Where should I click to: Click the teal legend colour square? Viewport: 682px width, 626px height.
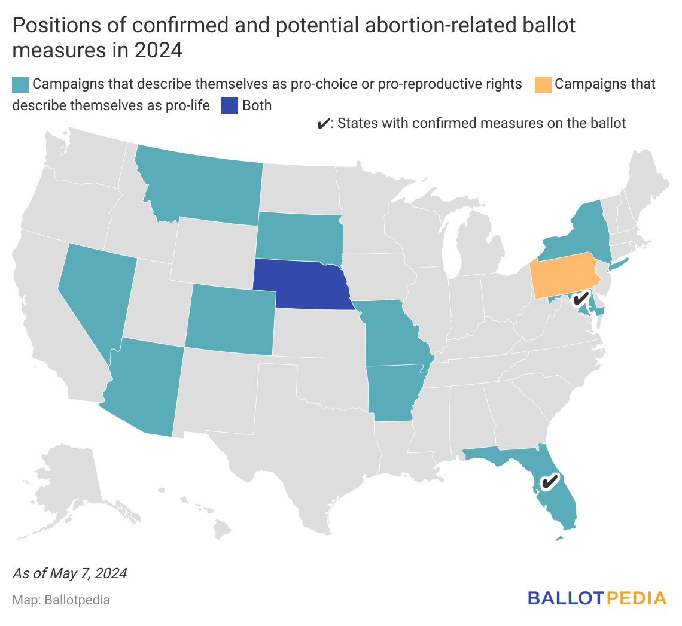point(20,84)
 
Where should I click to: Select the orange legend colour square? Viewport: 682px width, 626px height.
point(542,84)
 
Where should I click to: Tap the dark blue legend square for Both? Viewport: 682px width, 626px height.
point(229,106)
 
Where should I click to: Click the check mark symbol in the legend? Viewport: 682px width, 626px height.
point(322,124)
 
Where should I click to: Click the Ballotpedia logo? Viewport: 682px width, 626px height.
point(596,598)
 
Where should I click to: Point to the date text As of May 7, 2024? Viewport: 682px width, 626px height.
point(69,573)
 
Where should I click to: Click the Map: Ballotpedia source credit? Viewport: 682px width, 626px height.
point(61,600)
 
